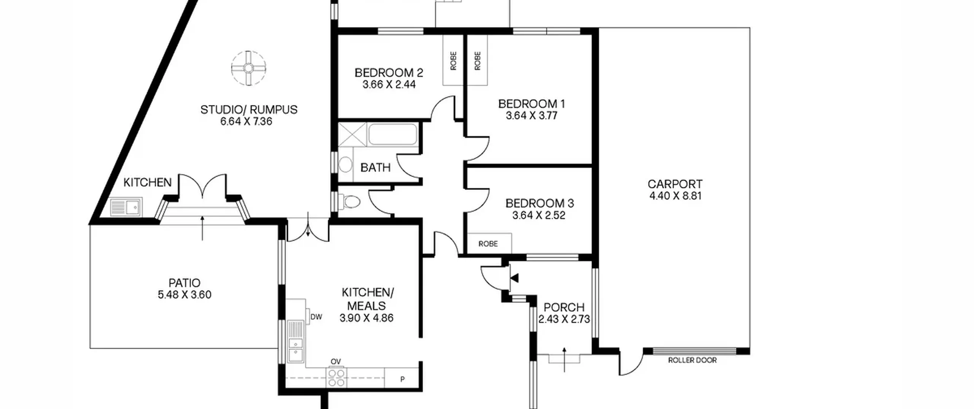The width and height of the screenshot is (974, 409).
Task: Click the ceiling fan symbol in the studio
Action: tap(248, 68)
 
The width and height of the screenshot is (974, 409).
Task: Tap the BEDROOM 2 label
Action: tap(389, 72)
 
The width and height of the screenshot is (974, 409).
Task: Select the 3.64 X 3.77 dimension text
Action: tap(532, 115)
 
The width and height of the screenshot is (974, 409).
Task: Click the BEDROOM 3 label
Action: tap(540, 203)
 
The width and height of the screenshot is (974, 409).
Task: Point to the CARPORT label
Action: tap(675, 184)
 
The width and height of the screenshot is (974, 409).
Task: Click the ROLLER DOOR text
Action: tap(692, 360)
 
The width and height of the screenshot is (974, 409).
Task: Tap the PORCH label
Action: tap(564, 307)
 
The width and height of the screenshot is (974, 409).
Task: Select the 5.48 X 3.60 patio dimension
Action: tap(185, 294)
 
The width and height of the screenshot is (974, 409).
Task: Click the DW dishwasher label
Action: tap(316, 317)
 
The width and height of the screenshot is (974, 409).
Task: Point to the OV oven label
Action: tap(336, 361)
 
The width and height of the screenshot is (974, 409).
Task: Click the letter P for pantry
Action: tap(403, 379)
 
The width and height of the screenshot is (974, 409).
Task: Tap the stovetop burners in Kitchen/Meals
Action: tap(336, 377)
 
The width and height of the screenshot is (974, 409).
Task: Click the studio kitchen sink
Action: tap(126, 207)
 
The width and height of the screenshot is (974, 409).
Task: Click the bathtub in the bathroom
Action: tap(393, 134)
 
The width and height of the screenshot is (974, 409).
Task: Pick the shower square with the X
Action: tap(352, 134)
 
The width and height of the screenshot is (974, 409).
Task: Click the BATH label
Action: tap(375, 167)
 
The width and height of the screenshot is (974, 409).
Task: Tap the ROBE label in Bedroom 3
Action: tap(488, 243)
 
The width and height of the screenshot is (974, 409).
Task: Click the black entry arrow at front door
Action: tap(514, 278)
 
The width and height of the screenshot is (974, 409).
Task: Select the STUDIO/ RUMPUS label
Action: tap(249, 110)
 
